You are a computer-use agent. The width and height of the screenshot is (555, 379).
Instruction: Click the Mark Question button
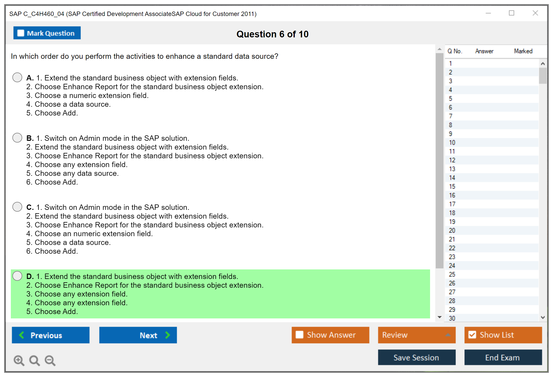(47, 33)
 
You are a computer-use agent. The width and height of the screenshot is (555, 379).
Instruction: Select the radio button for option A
(17, 77)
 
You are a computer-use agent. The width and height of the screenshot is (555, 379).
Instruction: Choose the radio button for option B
(17, 138)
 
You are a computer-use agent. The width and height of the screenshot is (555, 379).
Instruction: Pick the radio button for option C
(17, 207)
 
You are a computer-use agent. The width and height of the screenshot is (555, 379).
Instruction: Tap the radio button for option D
(17, 276)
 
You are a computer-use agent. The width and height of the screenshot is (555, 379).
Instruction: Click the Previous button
(51, 335)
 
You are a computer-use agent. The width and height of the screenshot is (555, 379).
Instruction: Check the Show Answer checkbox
(299, 335)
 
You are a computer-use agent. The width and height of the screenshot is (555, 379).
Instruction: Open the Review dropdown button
(417, 335)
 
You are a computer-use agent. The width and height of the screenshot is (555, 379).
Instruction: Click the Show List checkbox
(472, 335)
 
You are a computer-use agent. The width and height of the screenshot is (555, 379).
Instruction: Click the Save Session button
(417, 357)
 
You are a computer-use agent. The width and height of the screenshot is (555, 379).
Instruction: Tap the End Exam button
(503, 357)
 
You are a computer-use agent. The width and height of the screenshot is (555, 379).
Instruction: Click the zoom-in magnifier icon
(19, 360)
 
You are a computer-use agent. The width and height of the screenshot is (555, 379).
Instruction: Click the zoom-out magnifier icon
(50, 360)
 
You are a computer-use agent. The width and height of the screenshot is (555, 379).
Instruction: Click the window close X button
(535, 13)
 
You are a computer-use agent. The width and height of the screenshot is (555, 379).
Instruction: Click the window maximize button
(512, 13)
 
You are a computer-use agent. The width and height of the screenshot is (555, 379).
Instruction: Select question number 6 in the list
(450, 108)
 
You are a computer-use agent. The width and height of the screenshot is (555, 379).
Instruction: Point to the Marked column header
(523, 51)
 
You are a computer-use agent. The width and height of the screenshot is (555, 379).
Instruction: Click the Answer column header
(484, 51)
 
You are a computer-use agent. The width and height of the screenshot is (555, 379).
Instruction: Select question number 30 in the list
(452, 318)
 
